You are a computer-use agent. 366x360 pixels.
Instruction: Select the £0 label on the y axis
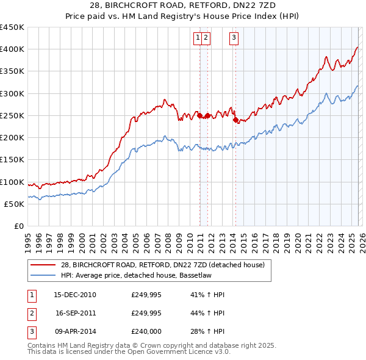coord(18,226)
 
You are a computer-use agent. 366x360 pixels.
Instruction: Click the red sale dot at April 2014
coord(235,120)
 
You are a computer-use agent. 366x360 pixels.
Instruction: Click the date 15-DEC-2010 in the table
coord(75,295)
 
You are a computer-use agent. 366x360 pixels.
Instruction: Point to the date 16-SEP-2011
coord(75,313)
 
